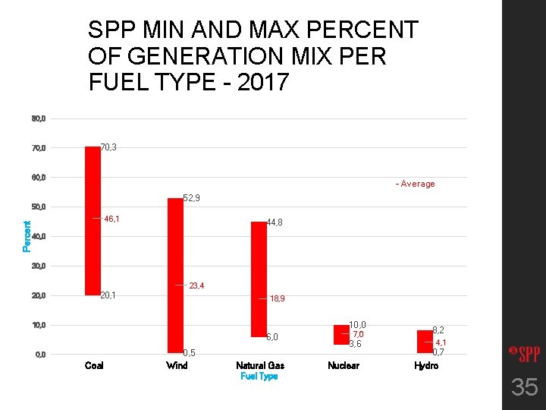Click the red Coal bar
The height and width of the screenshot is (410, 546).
(93, 220)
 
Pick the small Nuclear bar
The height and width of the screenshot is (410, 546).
(341, 334)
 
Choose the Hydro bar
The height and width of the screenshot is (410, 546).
(425, 341)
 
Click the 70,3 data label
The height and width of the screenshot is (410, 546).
(108, 147)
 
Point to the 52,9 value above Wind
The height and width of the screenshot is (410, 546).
(192, 198)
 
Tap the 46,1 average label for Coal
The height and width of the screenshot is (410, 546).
(112, 219)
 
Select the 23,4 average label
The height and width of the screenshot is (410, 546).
(196, 285)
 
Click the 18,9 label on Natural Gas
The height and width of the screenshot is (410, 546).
(278, 299)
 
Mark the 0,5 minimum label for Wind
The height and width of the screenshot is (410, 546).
(190, 353)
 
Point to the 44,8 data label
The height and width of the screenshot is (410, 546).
(275, 222)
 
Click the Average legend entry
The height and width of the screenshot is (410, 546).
(415, 184)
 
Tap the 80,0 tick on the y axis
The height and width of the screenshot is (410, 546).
(39, 118)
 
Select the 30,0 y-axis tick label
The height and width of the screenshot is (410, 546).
(39, 266)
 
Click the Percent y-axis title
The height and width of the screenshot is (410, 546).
(27, 236)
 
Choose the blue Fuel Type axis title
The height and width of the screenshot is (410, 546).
(259, 377)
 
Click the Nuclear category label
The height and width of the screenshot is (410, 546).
(343, 366)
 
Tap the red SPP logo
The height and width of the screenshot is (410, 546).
(522, 353)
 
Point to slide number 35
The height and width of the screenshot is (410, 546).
(524, 388)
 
